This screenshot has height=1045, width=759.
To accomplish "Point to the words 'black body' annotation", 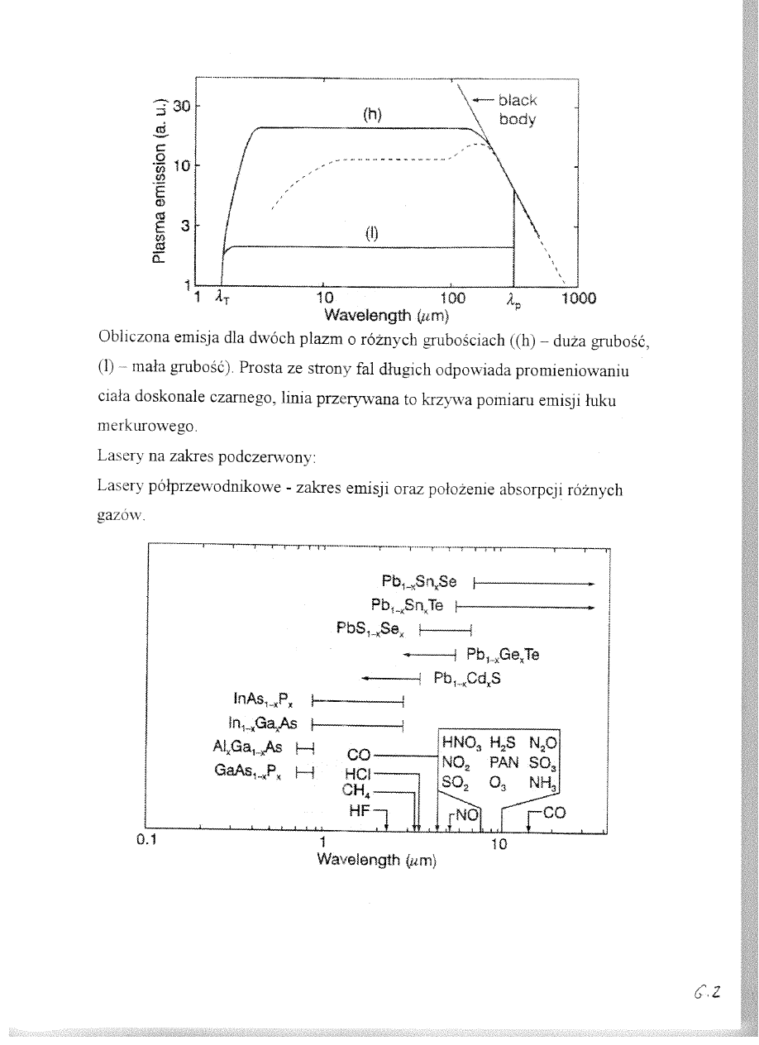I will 518,109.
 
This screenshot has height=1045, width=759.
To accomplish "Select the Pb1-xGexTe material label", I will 503,656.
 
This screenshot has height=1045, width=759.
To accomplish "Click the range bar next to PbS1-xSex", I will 446,632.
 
